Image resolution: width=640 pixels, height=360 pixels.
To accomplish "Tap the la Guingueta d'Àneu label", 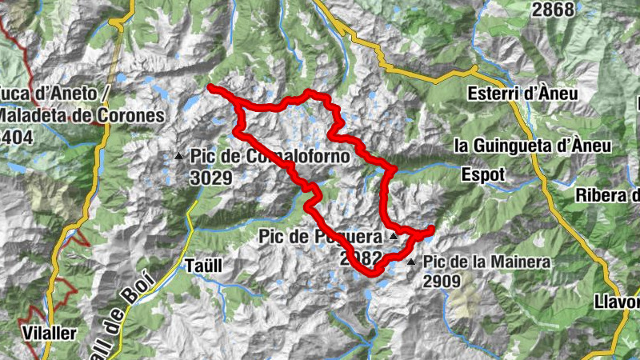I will pyautogui.click(x=532, y=146).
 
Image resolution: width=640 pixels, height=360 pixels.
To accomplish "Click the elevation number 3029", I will pyautogui.click(x=210, y=177).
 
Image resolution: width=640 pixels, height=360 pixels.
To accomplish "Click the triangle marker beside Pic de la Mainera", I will pyautogui.click(x=411, y=262).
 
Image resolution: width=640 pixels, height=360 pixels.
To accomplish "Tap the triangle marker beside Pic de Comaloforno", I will pyautogui.click(x=179, y=156).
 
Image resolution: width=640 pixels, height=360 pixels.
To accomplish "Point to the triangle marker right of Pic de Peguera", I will pyautogui.click(x=393, y=237).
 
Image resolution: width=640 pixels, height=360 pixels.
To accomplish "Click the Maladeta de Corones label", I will pyautogui.click(x=80, y=115).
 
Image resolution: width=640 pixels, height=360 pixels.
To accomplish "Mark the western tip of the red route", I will pyautogui.click(x=210, y=86).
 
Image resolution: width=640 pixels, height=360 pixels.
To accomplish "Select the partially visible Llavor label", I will pyautogui.click(x=617, y=302).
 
